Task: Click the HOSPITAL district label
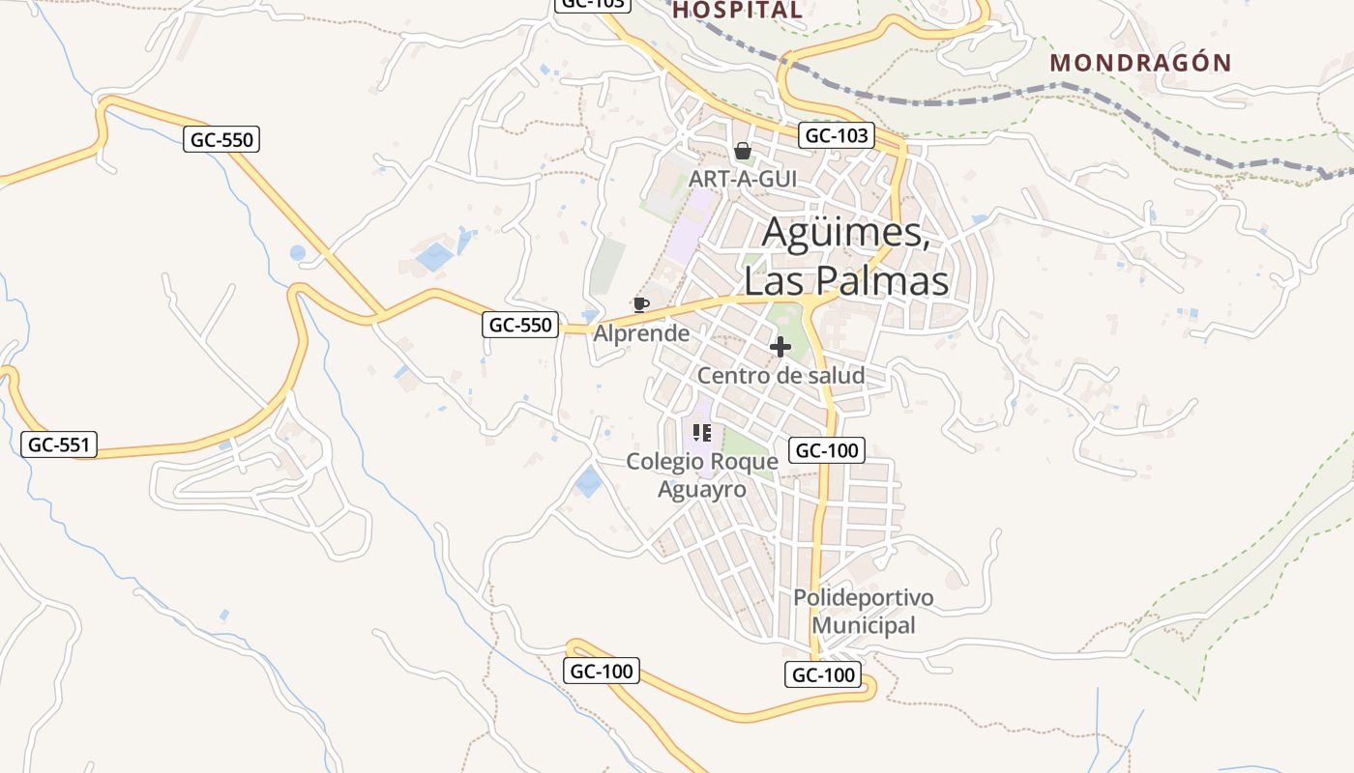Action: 737,11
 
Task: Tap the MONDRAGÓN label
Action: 1141,64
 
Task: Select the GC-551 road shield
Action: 59,444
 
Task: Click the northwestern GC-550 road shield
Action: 221,139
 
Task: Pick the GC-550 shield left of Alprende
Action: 520,325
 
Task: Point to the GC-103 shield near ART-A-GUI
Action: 837,135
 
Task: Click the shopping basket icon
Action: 742,151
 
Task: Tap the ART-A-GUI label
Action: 743,180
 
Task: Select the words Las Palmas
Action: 846,280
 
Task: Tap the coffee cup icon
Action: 639,305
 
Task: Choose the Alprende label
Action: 641,333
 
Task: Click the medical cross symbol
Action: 780,347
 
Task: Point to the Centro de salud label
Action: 780,375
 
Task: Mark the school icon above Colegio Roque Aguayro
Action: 702,433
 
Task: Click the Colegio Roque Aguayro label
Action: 702,475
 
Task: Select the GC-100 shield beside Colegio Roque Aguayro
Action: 826,450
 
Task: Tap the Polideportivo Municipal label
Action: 864,611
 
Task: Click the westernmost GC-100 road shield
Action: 602,671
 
